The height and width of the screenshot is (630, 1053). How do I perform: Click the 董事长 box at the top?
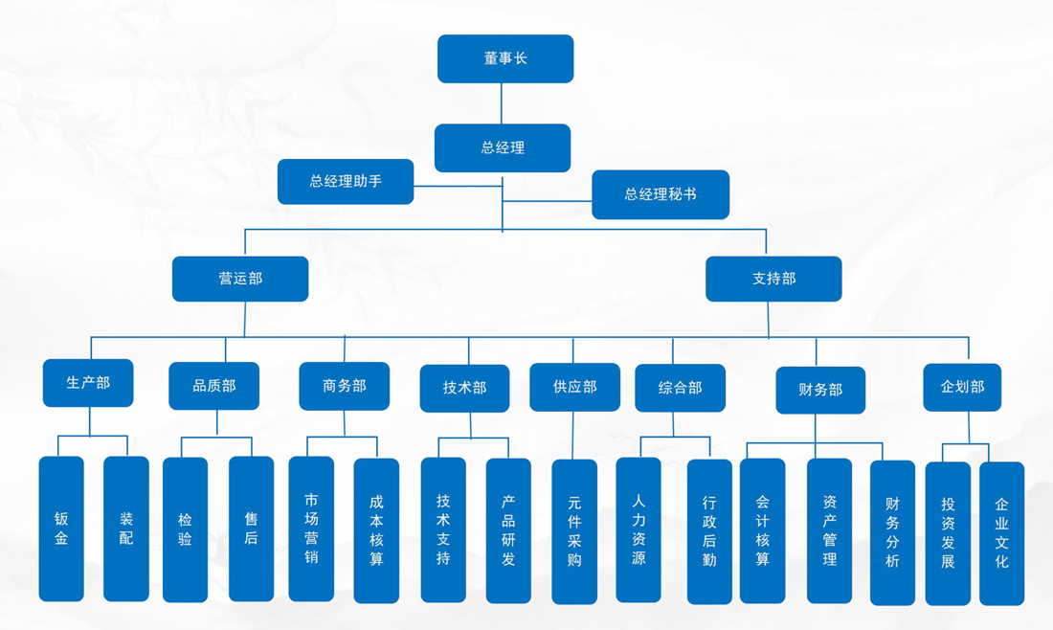pyautogui.click(x=505, y=58)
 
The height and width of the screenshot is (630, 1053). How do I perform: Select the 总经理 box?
pyautogui.click(x=503, y=147)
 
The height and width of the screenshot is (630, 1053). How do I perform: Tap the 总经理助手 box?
pyautogui.click(x=346, y=181)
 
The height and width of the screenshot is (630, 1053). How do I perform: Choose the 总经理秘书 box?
pyautogui.click(x=661, y=194)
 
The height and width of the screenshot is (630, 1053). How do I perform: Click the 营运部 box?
pyautogui.click(x=240, y=279)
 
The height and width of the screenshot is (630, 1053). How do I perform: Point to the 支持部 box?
pyautogui.click(x=773, y=279)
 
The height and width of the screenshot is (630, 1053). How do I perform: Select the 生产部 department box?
pyautogui.click(x=88, y=383)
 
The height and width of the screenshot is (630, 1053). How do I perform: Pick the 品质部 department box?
pyautogui.click(x=214, y=386)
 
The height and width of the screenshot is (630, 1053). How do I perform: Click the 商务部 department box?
pyautogui.click(x=345, y=386)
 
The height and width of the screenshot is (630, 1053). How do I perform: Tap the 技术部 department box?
pyautogui.click(x=464, y=388)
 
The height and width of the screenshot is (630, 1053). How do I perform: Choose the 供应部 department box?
pyautogui.click(x=574, y=387)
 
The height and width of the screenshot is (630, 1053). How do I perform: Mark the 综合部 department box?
pyautogui.click(x=680, y=388)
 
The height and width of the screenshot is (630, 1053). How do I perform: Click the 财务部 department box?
pyautogui.click(x=820, y=390)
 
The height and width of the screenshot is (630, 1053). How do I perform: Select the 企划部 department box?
pyautogui.click(x=962, y=387)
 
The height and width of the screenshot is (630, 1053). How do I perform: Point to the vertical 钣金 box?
pyautogui.click(x=61, y=529)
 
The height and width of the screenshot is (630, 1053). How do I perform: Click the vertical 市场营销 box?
pyautogui.click(x=311, y=529)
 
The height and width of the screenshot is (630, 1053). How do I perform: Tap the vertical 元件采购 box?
pyautogui.click(x=574, y=531)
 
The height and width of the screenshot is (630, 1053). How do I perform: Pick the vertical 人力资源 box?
pyautogui.click(x=639, y=529)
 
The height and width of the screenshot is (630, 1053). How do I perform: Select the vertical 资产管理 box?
pyautogui.click(x=829, y=530)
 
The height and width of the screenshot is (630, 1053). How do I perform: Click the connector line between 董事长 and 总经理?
pyautogui.click(x=502, y=103)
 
